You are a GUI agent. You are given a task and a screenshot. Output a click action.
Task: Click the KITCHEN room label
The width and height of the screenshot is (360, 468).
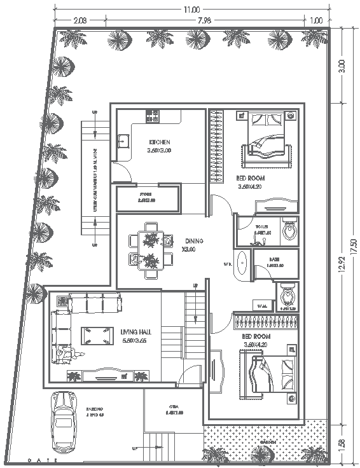coord(160,141)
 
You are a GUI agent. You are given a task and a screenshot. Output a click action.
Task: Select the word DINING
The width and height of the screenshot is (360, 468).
coord(194,240)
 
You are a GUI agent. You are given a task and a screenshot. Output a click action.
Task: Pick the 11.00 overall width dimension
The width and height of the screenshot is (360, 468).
coord(191,10)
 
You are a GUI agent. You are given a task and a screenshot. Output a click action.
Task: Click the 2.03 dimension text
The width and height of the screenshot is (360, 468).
coord(81,22)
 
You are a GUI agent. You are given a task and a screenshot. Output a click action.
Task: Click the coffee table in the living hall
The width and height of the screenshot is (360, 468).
coord(95,332)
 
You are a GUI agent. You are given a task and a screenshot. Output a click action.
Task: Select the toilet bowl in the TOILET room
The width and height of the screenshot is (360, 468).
coord(289,228)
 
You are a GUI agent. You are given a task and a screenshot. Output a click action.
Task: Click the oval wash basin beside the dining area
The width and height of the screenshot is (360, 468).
coord(242,264)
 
